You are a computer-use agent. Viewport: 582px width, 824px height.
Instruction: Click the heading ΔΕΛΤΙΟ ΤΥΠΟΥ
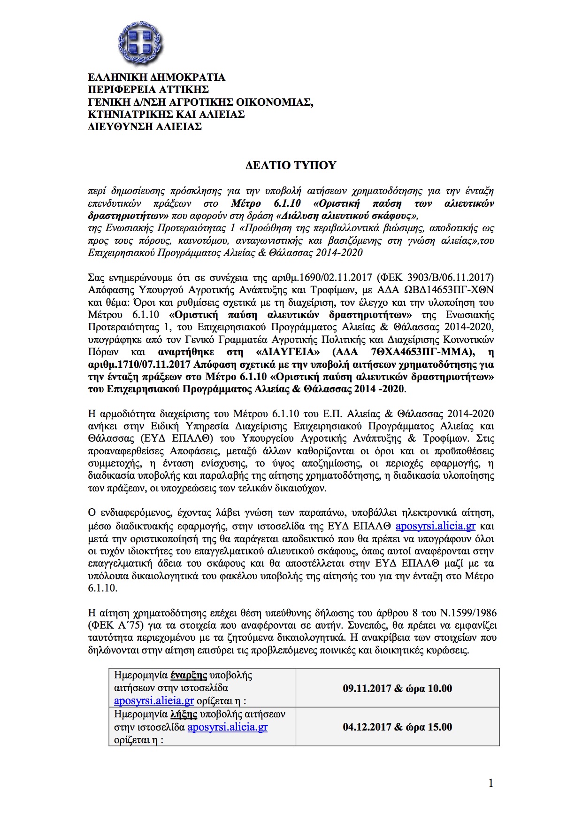point(291,165)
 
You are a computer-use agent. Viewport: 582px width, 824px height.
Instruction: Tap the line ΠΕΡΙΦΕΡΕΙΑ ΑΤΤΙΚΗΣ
point(148,89)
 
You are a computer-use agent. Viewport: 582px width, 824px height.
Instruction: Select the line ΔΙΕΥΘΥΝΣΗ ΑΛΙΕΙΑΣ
point(145,126)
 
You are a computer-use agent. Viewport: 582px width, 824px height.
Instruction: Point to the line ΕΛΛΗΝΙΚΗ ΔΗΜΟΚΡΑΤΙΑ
point(156,77)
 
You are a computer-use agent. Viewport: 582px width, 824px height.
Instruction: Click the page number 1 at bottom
point(491,783)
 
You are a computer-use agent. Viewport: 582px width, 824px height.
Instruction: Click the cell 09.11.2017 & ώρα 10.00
point(397,688)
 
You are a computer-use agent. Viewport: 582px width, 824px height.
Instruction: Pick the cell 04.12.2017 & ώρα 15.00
point(397,727)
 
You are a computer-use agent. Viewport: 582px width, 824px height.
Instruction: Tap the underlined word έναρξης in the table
point(189,676)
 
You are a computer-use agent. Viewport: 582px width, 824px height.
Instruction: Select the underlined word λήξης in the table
point(184,714)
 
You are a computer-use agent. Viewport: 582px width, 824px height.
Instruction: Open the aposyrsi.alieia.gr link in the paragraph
point(436,526)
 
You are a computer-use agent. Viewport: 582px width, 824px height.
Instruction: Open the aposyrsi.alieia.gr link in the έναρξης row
point(154,701)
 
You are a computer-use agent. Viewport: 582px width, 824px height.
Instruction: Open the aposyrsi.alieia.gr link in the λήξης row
point(228,727)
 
